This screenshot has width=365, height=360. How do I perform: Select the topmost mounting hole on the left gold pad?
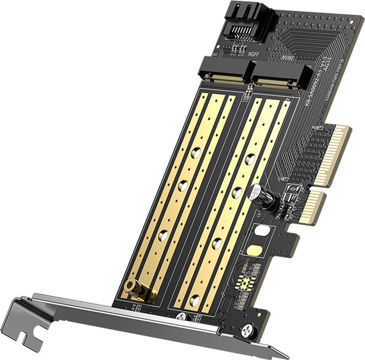[196, 152]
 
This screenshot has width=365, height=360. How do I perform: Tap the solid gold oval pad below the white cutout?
[254, 250]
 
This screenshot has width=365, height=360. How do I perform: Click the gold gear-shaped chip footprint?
[243, 281]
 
